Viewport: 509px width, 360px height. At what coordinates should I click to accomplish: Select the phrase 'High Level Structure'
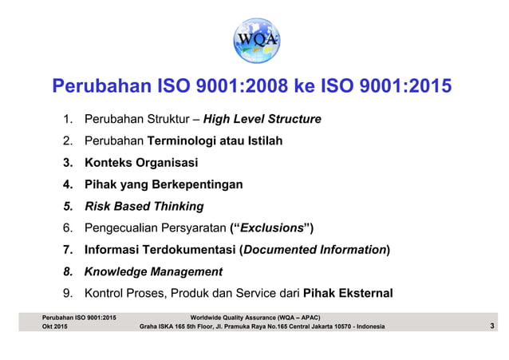[x=262, y=120]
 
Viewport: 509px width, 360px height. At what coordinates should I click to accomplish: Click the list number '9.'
[x=69, y=293]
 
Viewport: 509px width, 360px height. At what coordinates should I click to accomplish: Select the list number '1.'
[x=69, y=120]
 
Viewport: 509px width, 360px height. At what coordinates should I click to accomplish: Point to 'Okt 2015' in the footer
[x=54, y=327]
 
